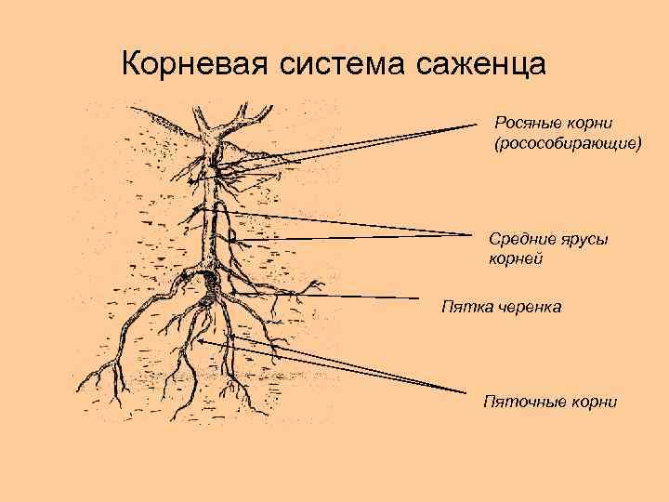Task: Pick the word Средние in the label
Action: click(522, 239)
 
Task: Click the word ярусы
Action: click(584, 239)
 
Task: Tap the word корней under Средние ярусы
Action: click(516, 259)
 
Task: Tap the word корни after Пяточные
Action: click(591, 401)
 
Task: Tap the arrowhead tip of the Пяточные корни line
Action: click(198, 341)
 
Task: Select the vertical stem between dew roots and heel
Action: click(210, 223)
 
